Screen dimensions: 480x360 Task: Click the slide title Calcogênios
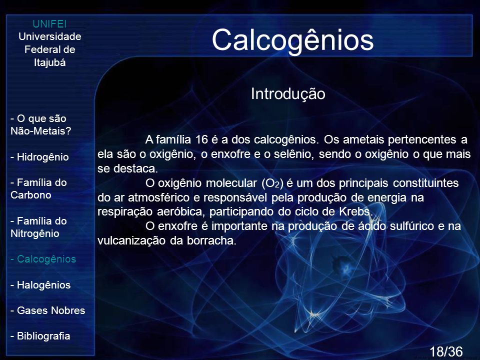point(292,40)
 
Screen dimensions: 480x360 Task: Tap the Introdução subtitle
point(288,94)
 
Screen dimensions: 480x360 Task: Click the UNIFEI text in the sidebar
point(49,24)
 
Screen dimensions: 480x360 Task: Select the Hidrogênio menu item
point(39,157)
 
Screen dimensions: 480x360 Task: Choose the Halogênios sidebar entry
point(40,285)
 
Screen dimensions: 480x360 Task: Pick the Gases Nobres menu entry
point(48,310)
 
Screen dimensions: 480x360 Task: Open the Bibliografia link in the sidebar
point(40,336)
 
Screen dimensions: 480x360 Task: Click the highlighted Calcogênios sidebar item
point(43,259)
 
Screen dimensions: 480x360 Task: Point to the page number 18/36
point(446,351)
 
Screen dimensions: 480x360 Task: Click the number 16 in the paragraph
point(201,139)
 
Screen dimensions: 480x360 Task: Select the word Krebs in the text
point(355,211)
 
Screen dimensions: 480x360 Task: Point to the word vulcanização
point(131,240)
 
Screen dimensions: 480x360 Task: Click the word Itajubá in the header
point(49,63)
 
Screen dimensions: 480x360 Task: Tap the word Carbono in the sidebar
point(30,195)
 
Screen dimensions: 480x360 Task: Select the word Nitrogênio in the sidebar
point(35,234)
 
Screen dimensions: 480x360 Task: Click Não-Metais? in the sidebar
point(40,131)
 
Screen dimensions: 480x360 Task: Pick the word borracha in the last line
point(211,240)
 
